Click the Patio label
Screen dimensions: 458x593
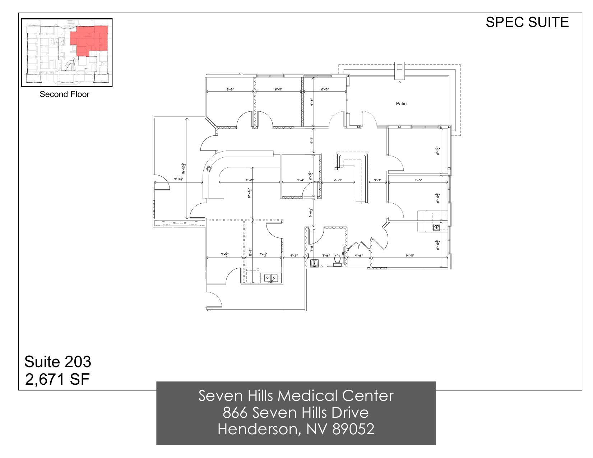click(401, 103)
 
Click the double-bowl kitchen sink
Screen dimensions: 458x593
click(271, 278)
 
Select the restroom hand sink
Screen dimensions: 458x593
click(314, 263)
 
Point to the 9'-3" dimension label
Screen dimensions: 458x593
click(230, 89)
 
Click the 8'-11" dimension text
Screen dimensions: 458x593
click(278, 89)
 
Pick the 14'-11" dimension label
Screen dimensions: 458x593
click(410, 255)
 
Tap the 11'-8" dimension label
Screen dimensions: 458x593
click(418, 180)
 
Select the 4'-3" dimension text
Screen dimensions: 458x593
click(294, 255)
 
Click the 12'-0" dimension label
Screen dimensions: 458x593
click(249, 180)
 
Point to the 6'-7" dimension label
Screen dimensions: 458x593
click(338, 180)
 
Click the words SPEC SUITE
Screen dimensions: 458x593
click(527, 22)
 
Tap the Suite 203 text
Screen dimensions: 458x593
click(57, 361)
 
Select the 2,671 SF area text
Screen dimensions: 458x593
click(57, 379)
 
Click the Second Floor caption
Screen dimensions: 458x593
click(64, 94)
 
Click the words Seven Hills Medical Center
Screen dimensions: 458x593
click(296, 395)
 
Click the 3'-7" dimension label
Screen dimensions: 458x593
click(377, 180)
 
